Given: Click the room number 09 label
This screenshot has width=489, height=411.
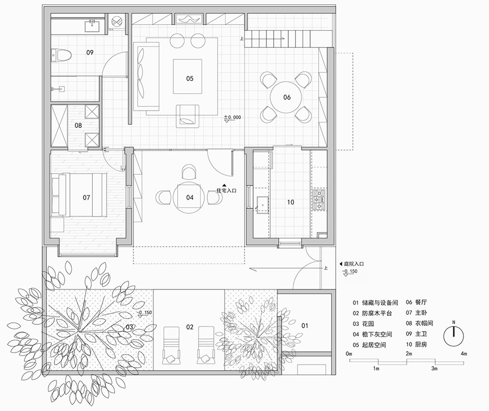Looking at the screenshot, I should pos(90,52).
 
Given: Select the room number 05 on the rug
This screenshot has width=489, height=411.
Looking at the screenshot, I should pos(189,78).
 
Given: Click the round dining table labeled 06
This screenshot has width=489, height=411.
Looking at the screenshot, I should pos(286,97).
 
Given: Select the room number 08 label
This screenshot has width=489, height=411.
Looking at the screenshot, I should pos(78,125).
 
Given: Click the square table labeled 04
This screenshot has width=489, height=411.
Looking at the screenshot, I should pos(189,197).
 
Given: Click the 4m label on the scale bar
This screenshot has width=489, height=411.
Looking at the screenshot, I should pos(464,353).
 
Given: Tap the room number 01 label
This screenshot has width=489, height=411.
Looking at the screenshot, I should pos(305,324).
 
